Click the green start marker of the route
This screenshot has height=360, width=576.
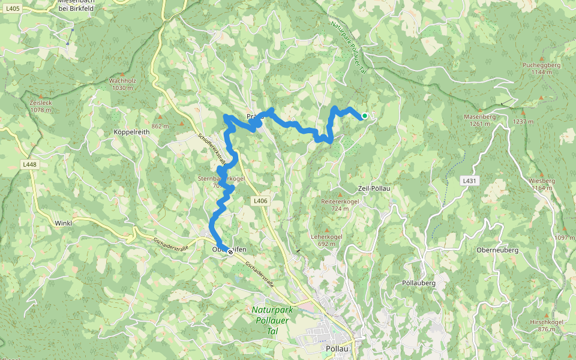tap(364, 116)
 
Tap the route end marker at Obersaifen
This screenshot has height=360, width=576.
tap(230, 252)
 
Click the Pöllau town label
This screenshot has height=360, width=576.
tap(337, 349)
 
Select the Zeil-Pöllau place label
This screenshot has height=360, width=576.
tap(374, 188)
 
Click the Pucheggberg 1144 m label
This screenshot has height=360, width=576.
tap(541, 68)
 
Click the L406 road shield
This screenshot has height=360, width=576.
tap(260, 200)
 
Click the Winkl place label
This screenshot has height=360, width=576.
tap(63, 223)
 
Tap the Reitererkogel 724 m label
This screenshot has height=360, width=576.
tap(340, 205)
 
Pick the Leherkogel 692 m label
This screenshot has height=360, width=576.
tap(326, 240)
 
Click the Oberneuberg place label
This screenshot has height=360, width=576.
tap(497, 250)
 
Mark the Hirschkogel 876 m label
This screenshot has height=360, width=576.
tap(546, 325)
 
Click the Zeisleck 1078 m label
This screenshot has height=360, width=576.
tap(41, 106)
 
